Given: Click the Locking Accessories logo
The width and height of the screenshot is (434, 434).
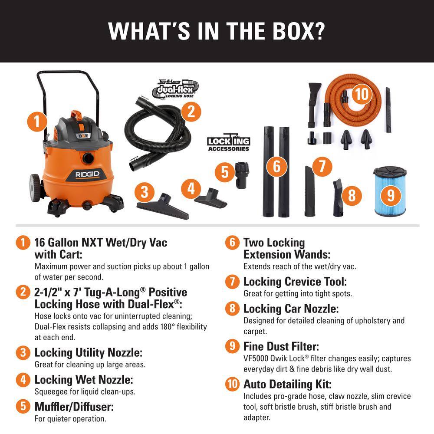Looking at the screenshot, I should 228,144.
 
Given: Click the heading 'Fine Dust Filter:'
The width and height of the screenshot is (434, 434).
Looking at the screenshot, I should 281,347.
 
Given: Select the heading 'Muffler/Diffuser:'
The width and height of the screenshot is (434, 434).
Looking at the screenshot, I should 74,407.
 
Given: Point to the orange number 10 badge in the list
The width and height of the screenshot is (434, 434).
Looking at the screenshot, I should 232,384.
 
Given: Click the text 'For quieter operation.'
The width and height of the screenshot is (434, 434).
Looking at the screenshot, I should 70,419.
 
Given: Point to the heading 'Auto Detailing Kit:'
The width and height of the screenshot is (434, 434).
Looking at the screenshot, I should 287,384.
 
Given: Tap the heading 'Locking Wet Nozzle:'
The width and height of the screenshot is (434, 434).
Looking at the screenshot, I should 83,380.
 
